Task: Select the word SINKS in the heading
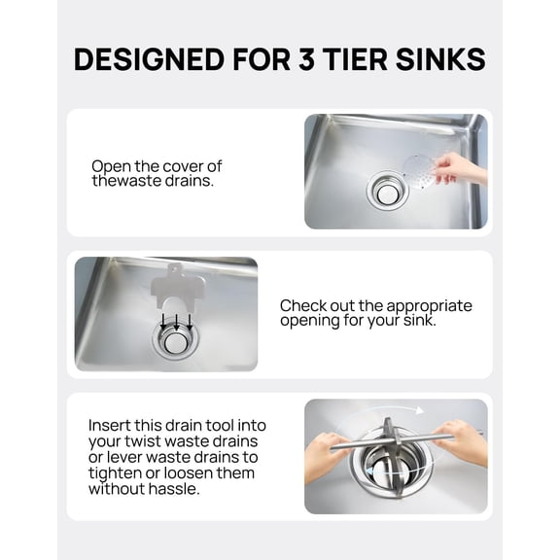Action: click(x=437, y=59)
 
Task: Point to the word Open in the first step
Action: click(x=112, y=165)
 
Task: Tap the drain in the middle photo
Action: click(x=175, y=340)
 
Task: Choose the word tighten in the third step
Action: click(x=116, y=472)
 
